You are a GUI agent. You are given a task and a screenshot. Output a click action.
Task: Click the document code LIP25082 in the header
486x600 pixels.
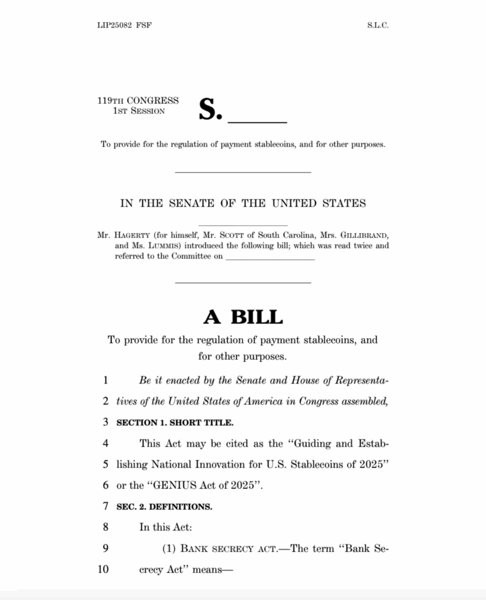point(115,25)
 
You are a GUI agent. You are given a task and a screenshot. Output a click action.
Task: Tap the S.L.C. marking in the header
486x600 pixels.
point(378,25)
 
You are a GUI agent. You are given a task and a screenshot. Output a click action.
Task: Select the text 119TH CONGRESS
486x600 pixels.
point(138,101)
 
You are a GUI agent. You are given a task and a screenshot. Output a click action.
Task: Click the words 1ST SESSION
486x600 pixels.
point(139,111)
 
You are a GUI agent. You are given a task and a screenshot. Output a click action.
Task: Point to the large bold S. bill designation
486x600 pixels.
point(210,109)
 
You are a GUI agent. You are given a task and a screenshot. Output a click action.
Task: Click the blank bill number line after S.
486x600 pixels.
point(257,120)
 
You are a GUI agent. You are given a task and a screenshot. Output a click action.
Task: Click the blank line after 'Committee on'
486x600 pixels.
point(270,258)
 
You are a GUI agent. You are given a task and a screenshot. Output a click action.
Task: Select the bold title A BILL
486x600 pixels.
point(243,317)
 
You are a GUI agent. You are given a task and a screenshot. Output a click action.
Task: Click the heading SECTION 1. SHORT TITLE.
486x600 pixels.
point(175,422)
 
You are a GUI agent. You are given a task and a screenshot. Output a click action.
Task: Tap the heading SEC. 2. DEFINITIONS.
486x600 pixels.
point(164,506)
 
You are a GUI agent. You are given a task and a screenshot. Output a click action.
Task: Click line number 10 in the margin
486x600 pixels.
point(104,569)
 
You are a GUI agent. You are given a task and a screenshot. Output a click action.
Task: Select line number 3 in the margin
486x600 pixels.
point(106,422)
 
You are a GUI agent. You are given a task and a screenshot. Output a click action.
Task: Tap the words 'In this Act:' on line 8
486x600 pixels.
point(165,527)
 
